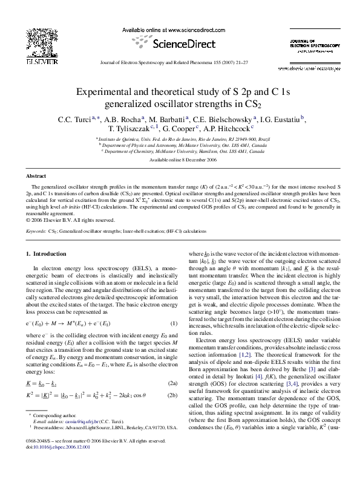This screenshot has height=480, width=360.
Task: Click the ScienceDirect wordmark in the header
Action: tap(180, 44)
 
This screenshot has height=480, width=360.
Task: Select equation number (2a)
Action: tap(172, 384)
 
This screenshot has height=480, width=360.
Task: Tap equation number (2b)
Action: tap(172, 396)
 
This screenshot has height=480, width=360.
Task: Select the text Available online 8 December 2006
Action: tap(180, 160)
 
